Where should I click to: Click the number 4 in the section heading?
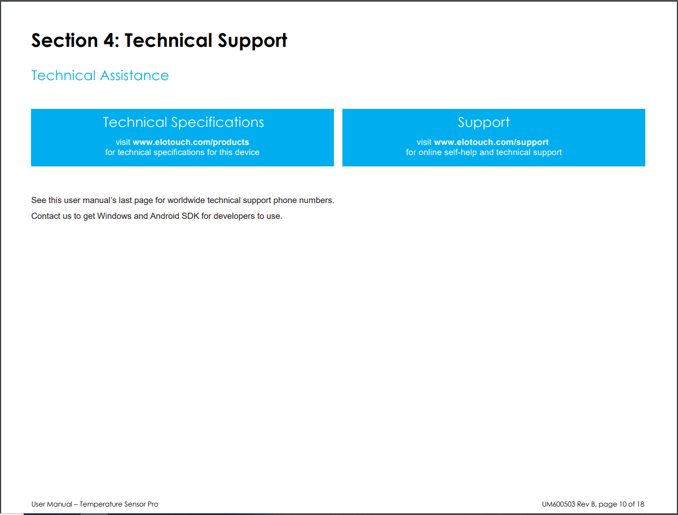point(109,40)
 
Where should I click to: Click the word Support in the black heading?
point(252,41)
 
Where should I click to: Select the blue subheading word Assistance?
point(134,76)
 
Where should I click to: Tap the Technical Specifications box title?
point(183,122)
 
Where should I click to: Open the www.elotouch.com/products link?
point(191,142)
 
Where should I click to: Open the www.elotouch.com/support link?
point(491,142)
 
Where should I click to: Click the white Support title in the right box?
point(484,123)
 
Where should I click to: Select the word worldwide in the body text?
point(186,200)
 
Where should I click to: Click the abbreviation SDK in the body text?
point(190,216)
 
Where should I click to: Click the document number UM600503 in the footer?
point(558,504)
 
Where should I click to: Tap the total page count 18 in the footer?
point(640,504)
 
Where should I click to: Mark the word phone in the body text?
point(285,200)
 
